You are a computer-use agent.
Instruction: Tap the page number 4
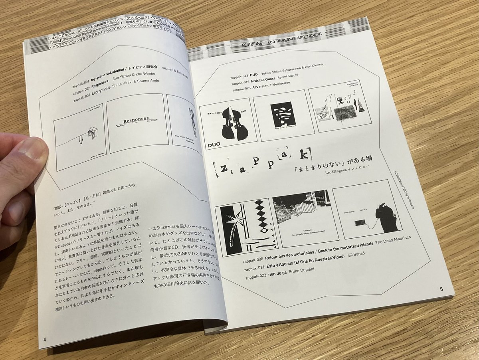45,340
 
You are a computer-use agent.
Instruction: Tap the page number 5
441,288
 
